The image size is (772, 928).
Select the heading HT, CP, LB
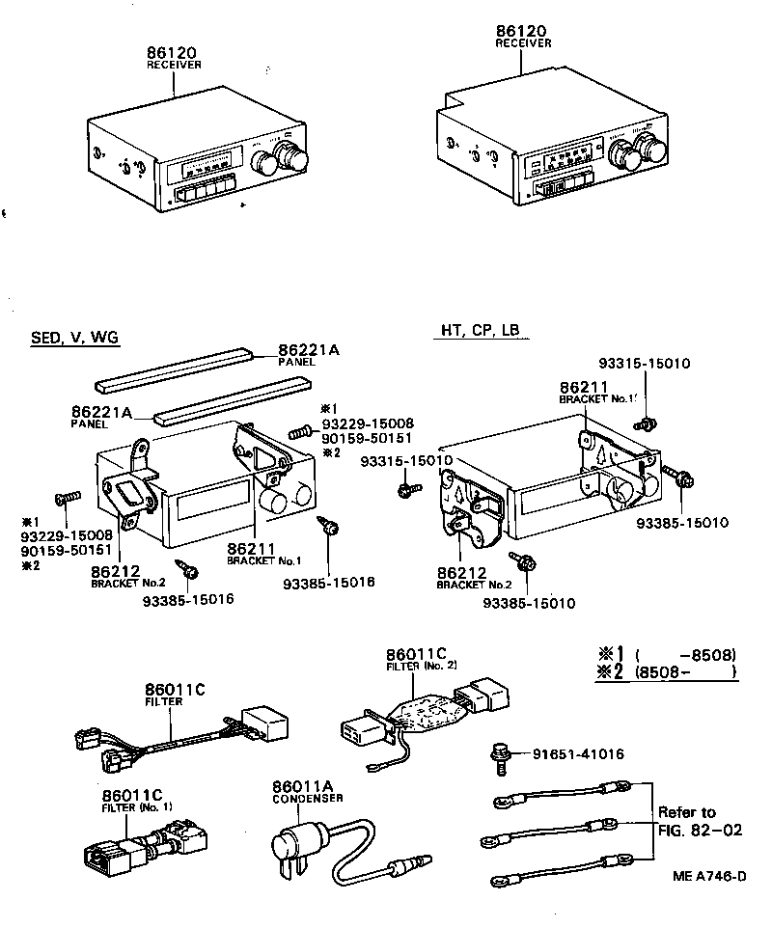(x=480, y=330)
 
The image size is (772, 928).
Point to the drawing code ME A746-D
(x=709, y=876)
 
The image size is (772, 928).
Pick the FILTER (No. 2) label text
(x=422, y=666)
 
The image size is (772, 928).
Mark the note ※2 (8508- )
(x=666, y=671)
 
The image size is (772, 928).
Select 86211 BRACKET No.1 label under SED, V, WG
(x=263, y=553)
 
